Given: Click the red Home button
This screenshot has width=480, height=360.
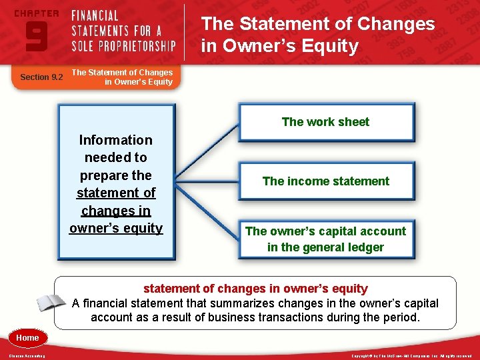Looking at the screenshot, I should click(27, 338).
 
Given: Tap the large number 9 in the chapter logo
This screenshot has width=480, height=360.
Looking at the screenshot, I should click(36, 35).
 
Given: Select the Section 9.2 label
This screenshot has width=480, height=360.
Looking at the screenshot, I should click(41, 77).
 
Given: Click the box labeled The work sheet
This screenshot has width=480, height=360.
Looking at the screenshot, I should click(325, 122).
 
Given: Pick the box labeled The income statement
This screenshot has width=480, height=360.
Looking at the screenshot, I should click(325, 181).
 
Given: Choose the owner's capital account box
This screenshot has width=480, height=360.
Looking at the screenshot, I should click(325, 239).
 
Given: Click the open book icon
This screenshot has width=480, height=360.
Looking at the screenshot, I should click(50, 302).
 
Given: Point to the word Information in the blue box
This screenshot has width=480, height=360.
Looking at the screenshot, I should click(115, 140).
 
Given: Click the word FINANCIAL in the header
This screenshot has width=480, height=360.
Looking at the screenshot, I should click(95, 15).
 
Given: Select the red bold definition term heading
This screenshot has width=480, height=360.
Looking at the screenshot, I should click(255, 289).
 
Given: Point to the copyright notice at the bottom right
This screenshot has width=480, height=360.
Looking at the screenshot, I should click(411, 356).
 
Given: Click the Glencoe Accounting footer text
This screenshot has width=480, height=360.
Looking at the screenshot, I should click(27, 356).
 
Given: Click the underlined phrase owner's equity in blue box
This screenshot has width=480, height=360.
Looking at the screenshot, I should click(116, 228).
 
